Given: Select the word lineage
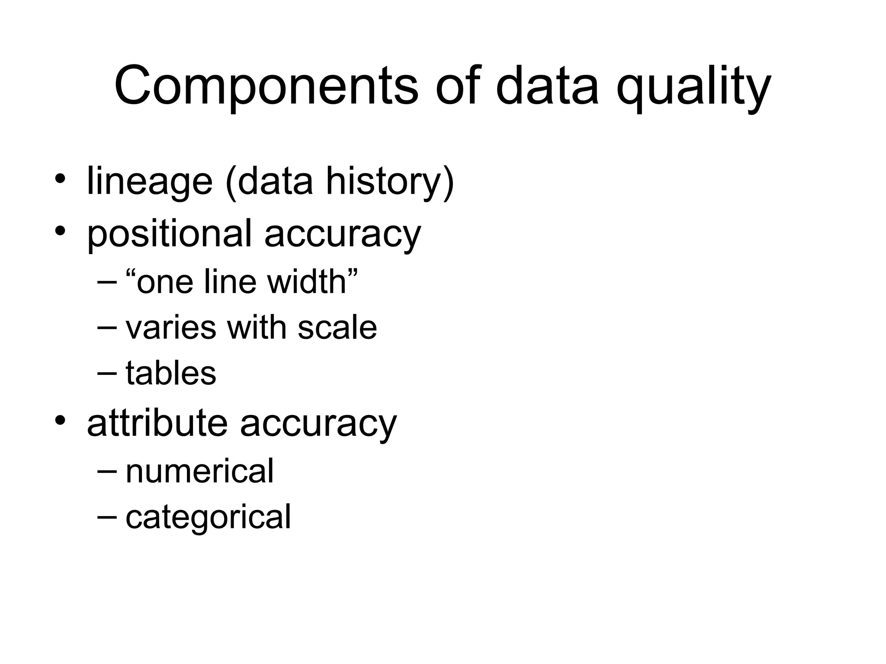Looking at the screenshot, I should click(x=150, y=182).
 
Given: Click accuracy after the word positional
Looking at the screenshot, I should click(x=342, y=236).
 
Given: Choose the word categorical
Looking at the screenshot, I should click(x=208, y=517).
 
